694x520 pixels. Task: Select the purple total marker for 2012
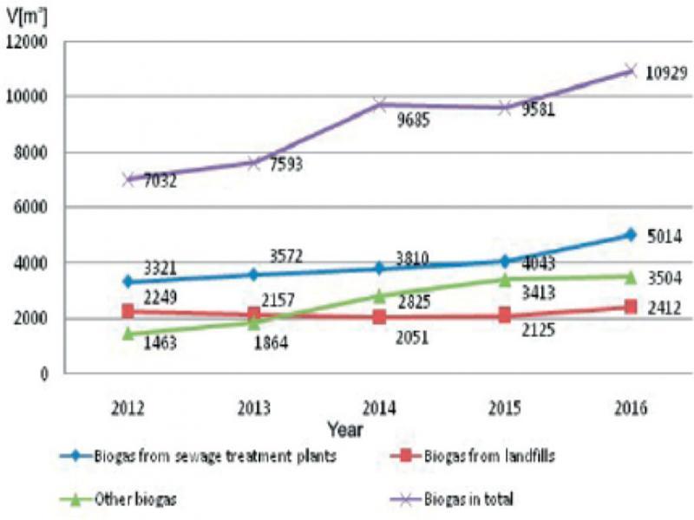pyautogui.click(x=128, y=179)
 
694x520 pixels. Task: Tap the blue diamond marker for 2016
pyautogui.click(x=629, y=234)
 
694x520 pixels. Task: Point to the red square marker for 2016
pyautogui.click(x=629, y=307)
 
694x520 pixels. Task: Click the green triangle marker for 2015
pyautogui.click(x=504, y=279)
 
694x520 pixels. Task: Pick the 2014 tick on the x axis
pyautogui.click(x=378, y=406)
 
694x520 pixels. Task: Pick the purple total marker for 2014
pyautogui.click(x=379, y=105)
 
